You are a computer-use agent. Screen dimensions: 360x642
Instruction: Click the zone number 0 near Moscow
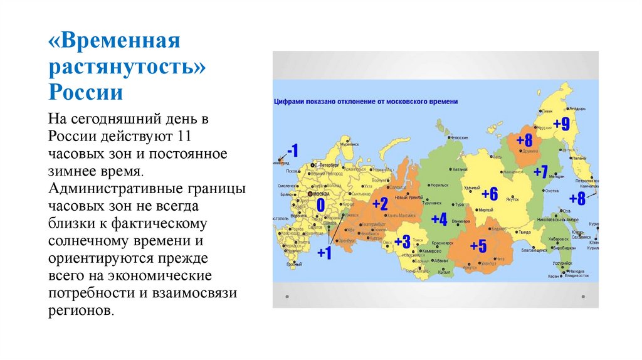(320, 206)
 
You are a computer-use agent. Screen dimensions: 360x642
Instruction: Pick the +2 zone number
(380, 204)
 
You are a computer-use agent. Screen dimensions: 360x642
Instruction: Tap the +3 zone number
(402, 242)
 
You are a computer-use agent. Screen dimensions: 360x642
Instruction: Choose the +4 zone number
(439, 220)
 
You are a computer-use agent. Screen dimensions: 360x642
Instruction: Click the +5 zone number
(478, 246)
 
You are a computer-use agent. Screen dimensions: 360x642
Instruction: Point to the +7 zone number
(540, 171)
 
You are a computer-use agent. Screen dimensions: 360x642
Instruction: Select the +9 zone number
(560, 124)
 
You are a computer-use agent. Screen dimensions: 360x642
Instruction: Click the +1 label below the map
(324, 253)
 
